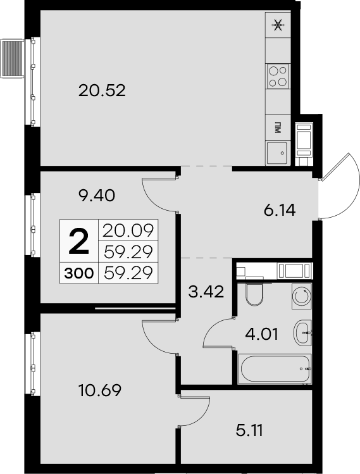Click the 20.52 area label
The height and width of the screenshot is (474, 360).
click(x=102, y=90)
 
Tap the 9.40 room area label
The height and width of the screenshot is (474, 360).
click(x=96, y=196)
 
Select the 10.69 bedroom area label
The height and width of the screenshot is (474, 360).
click(x=100, y=390)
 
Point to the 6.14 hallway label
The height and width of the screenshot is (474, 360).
click(x=280, y=210)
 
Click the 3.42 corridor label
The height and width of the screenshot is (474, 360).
click(x=206, y=292)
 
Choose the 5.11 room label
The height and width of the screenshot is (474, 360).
click(x=249, y=430)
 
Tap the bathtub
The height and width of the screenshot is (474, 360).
click(x=275, y=369)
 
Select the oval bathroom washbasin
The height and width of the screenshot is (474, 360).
click(x=302, y=333)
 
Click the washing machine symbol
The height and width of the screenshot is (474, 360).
click(x=302, y=296)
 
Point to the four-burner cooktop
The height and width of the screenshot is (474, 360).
click(x=278, y=76)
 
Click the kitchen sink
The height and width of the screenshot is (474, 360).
click(x=276, y=153)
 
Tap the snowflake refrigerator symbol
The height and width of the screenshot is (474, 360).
click(x=278, y=25)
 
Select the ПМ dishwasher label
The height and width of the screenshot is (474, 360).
click(x=277, y=128)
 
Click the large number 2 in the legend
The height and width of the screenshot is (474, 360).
click(x=79, y=241)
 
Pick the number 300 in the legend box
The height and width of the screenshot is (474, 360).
click(x=79, y=273)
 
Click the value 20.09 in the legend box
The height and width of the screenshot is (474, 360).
click(x=128, y=230)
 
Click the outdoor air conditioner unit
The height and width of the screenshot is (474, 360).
click(x=13, y=58)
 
